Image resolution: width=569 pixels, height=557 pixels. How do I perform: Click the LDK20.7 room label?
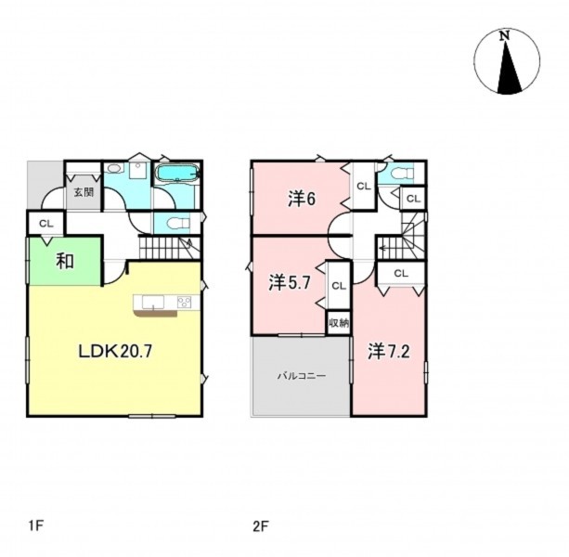(115, 351)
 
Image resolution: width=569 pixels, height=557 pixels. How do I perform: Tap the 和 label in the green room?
(65, 261)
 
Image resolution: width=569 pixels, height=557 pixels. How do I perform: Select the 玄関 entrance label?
(84, 192)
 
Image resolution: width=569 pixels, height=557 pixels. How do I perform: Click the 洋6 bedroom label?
(302, 199)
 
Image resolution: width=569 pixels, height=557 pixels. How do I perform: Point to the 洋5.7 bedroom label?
(290, 282)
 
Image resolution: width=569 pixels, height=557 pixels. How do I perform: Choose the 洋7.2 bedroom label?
(389, 351)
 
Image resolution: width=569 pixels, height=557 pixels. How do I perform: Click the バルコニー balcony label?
(302, 376)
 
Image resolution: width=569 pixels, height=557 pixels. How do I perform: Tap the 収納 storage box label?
(339, 322)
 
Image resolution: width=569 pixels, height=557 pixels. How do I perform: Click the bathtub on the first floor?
(176, 173)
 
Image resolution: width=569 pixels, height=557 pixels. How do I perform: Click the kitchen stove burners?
(184, 303)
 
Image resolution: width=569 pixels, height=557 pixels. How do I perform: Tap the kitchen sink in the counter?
(153, 302)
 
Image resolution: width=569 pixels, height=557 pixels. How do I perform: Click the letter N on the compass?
(504, 36)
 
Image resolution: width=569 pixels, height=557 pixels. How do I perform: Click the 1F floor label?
(36, 525)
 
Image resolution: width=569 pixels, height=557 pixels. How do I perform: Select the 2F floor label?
(261, 525)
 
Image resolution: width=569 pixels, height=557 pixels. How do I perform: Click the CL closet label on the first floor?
(46, 224)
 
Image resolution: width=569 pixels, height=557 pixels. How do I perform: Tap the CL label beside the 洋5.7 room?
(339, 286)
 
